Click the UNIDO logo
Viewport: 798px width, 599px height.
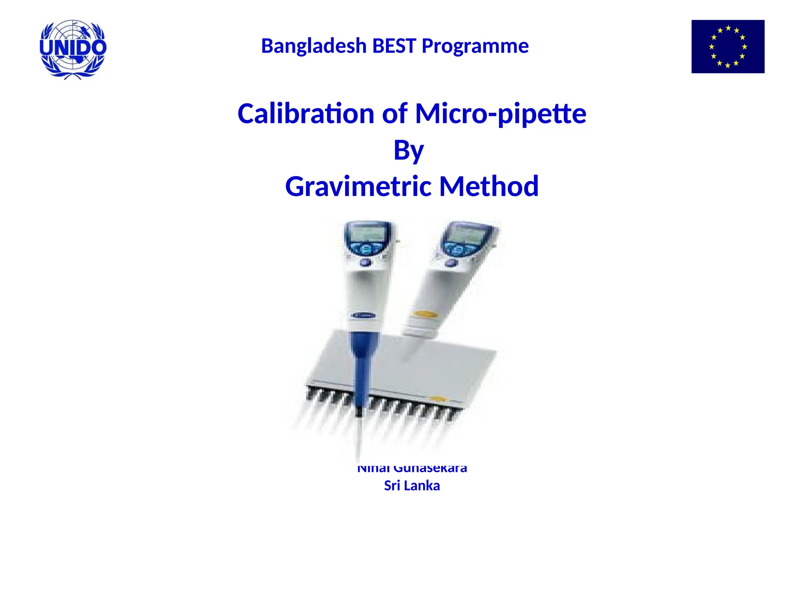73,49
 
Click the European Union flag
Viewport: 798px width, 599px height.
727,46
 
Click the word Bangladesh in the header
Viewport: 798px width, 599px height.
314,46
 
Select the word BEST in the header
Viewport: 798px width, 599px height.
394,46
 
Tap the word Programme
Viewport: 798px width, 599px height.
475,46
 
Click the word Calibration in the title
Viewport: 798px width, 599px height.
306,113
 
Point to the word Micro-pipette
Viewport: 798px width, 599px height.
501,113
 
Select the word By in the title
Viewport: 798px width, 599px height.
408,150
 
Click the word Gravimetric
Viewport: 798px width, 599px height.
359,186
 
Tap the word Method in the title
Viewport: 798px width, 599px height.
489,186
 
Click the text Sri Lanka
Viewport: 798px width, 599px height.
412,486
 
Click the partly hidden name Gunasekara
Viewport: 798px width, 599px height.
430,468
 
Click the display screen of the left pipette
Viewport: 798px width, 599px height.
366,234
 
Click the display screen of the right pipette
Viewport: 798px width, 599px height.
465,235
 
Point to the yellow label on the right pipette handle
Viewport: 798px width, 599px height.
425,314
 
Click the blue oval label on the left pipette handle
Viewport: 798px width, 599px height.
364,315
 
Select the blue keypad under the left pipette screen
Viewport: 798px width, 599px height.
365,249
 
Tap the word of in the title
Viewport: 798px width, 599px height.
394,113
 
